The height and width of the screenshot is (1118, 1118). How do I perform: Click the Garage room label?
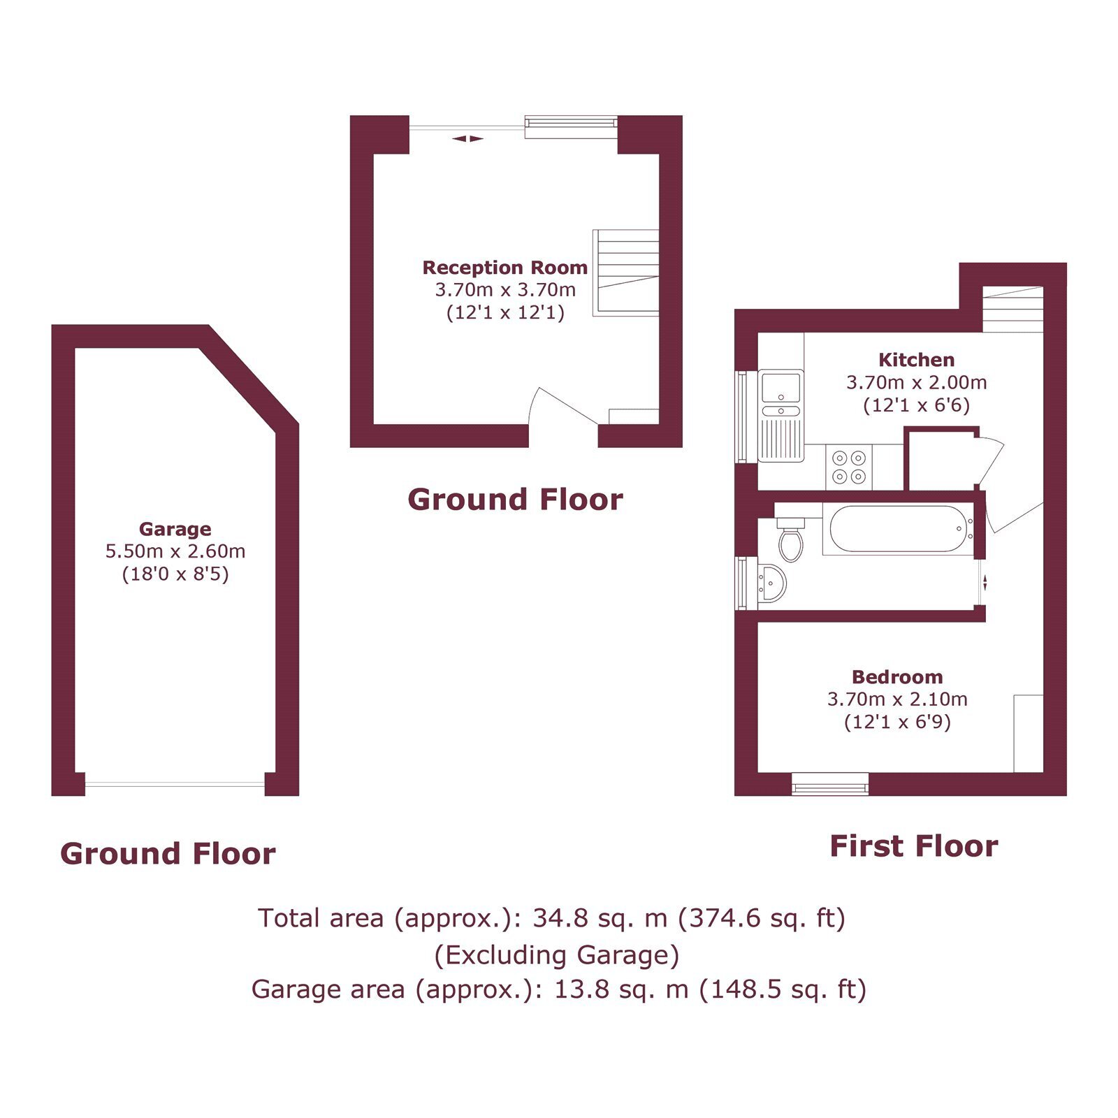tap(175, 529)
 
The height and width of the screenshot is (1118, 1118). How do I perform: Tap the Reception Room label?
tap(504, 268)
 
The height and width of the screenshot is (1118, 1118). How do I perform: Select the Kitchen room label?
tap(916, 360)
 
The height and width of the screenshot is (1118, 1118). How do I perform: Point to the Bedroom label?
tap(897, 676)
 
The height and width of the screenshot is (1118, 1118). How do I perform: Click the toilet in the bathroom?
tap(790, 539)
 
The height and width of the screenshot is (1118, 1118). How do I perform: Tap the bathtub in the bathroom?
tap(899, 529)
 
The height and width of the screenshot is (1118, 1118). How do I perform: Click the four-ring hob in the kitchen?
tap(848, 467)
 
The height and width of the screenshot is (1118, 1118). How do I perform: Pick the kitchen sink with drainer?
tap(781, 416)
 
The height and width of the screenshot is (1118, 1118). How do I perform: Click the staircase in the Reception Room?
tap(626, 273)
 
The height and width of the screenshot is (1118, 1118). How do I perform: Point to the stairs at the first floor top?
tap(1013, 309)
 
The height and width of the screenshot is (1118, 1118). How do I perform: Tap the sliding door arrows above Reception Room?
tap(467, 138)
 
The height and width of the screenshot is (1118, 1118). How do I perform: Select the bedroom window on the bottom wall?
tap(830, 784)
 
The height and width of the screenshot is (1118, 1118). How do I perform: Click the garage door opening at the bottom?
tap(175, 784)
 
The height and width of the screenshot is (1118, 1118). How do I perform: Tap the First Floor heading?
tap(913, 846)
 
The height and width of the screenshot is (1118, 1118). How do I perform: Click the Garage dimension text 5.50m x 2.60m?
tap(175, 551)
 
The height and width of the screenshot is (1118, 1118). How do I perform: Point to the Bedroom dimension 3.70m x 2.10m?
tap(897, 699)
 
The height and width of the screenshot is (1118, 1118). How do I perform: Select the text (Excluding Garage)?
tap(557, 954)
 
